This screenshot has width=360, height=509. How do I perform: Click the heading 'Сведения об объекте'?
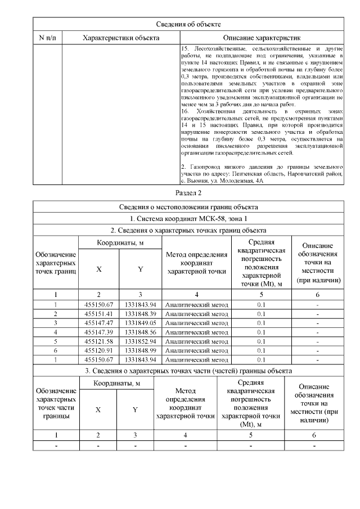[188, 25]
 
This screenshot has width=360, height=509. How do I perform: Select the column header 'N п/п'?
[47, 38]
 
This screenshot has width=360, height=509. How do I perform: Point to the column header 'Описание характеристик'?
[262, 38]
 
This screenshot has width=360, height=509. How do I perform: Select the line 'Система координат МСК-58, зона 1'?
[188, 218]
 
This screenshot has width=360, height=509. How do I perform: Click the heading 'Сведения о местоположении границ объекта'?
[188, 207]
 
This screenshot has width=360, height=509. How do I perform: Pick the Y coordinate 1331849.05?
[140, 322]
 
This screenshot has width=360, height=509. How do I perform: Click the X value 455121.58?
[100, 341]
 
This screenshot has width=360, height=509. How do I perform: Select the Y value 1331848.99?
[140, 350]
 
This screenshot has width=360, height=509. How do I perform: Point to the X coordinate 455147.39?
[100, 331]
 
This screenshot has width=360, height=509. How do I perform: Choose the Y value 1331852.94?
[140, 341]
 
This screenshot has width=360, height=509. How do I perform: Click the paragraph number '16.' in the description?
[186, 112]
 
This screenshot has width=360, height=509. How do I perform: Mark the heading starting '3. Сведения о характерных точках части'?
[188, 371]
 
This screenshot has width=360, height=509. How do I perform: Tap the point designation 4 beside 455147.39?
[56, 331]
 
